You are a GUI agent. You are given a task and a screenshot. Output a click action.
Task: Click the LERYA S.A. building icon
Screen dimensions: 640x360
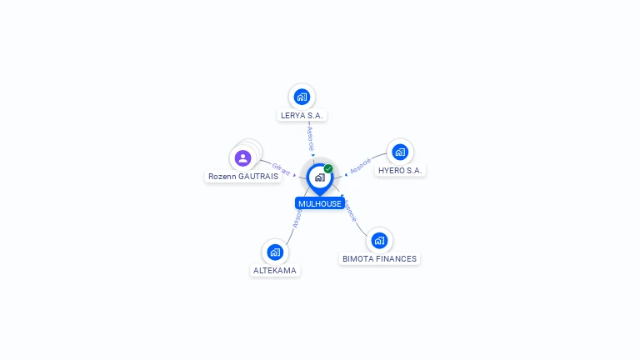pos(302,97)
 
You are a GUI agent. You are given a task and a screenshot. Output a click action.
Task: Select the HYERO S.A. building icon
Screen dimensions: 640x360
pos(400,152)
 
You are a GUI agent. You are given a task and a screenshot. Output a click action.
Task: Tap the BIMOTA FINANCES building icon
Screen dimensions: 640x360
pos(379,241)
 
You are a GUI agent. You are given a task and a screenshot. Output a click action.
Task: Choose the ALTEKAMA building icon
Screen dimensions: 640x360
pos(275,252)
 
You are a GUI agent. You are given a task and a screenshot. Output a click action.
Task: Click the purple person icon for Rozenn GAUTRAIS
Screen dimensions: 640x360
pos(242,157)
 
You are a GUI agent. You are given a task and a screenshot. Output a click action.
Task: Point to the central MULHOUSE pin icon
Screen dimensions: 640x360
pos(319,177)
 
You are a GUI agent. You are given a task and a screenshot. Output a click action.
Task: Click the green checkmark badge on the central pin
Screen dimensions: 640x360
pos(328,169)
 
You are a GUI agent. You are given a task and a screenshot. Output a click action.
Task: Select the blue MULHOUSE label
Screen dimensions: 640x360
pos(320,203)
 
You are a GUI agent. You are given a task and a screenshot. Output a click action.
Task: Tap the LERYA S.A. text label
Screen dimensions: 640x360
pos(302,115)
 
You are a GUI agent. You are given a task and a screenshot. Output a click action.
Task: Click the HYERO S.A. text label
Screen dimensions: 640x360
pos(400,170)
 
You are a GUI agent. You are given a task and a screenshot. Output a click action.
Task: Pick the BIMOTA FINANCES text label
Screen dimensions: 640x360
pos(379,259)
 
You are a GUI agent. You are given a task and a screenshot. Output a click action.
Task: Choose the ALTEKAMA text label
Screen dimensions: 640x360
pos(275,270)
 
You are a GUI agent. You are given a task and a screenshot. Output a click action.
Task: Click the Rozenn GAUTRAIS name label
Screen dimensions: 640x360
pos(242,177)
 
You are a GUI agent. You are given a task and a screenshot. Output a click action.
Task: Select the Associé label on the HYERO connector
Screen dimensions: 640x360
pos(361,165)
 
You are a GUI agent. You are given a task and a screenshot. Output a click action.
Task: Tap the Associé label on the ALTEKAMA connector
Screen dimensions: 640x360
pos(297,217)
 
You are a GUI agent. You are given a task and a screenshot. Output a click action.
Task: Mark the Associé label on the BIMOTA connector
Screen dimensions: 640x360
pos(350,212)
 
